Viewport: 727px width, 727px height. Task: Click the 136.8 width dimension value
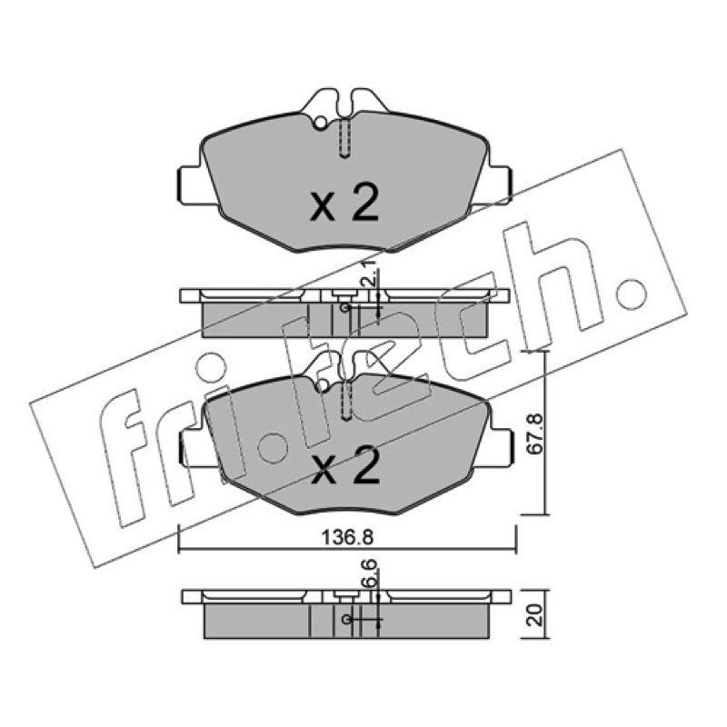click(347, 538)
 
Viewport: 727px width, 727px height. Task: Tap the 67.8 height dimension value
click(535, 434)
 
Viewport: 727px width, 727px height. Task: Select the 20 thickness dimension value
click(535, 615)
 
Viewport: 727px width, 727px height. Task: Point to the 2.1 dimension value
click(369, 277)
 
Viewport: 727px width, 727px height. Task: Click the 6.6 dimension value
click(371, 575)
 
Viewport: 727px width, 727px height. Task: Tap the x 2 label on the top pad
click(344, 203)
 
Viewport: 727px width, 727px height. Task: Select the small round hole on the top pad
click(321, 123)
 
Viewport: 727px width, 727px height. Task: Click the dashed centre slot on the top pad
click(344, 139)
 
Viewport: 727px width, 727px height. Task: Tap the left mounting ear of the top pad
click(190, 184)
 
